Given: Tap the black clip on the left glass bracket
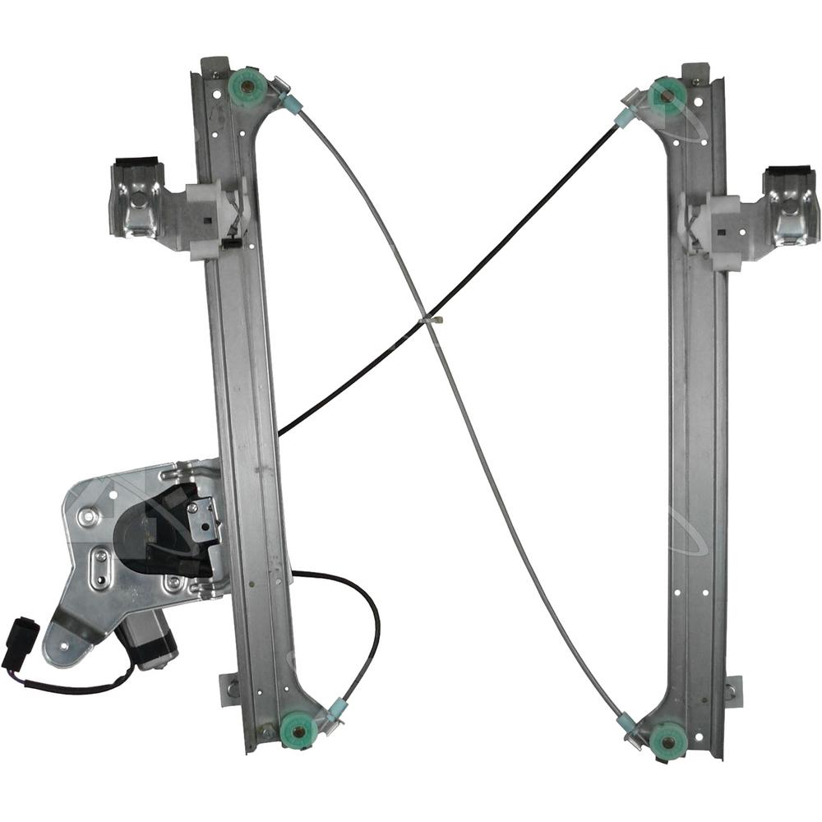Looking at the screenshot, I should coord(132,163).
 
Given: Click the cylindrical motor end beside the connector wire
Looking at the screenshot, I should coord(147,643).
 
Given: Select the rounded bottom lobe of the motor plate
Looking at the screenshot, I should coord(66,642).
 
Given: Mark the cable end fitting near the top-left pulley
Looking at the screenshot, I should coord(290,103).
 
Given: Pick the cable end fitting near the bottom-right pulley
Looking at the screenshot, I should coord(628,721).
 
